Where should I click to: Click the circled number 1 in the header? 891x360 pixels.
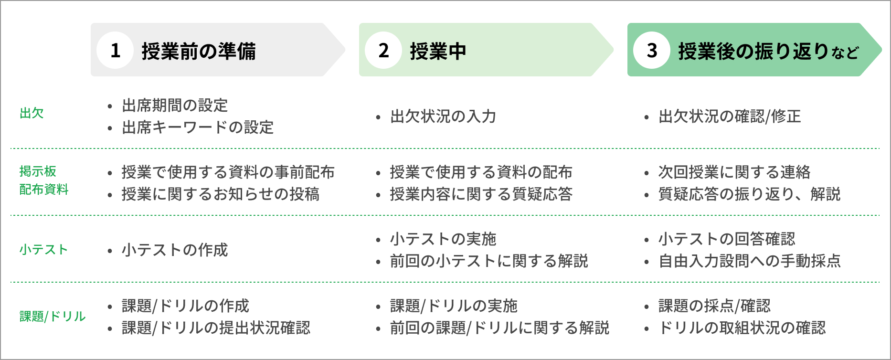coord(115,50)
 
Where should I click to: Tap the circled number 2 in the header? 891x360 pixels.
coord(383,50)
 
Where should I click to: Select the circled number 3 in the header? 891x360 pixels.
coord(652,50)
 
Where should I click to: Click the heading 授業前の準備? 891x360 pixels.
coord(199,51)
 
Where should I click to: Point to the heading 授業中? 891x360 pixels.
coord(438,51)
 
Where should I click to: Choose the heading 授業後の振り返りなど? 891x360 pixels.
coord(768,51)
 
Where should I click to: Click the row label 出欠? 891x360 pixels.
coord(32,114)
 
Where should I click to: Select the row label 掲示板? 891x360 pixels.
coord(38,171)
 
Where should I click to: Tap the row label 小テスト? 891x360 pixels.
coord(43,250)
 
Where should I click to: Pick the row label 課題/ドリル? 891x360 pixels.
coord(53,317)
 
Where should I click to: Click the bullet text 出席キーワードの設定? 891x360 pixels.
coord(198,127)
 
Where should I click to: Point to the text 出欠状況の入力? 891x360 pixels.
coord(443,116)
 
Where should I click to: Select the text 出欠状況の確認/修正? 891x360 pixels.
coord(730,116)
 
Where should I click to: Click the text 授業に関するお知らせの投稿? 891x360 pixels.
coord(221,194)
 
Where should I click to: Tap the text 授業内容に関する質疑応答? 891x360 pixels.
coord(481,194)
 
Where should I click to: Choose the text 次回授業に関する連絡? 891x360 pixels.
coord(734,172)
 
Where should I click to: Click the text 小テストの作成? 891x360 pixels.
coord(175,250)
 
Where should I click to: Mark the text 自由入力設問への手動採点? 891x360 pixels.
coord(750,261)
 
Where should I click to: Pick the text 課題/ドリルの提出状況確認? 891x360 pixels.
coord(216,328)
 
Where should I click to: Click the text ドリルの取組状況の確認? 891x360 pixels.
coord(742,328)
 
